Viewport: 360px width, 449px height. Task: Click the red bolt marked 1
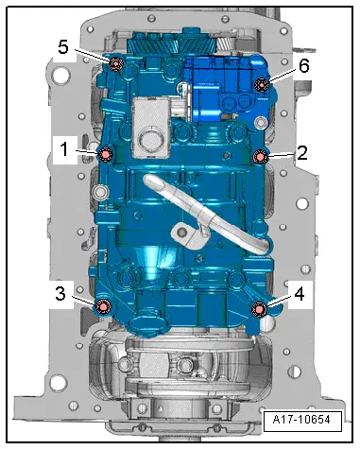click(x=106, y=154)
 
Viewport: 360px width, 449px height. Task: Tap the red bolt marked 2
click(x=261, y=156)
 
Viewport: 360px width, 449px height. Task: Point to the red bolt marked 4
click(x=258, y=308)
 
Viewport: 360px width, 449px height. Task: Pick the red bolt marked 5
click(x=116, y=64)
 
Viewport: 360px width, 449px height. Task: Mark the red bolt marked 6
click(x=262, y=85)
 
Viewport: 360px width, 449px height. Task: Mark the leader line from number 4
click(x=277, y=301)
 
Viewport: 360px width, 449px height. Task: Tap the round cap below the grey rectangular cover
click(x=149, y=145)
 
